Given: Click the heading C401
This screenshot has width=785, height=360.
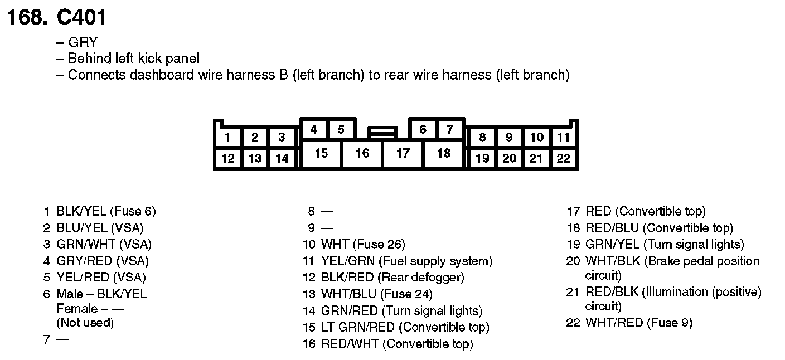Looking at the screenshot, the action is click(81, 18).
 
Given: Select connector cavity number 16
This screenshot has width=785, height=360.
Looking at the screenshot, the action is click(362, 153).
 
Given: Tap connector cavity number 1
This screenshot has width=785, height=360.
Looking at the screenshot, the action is click(227, 138).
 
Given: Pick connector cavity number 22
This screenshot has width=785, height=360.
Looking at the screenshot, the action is click(564, 159).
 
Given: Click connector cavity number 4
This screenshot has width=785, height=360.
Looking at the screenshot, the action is click(314, 130).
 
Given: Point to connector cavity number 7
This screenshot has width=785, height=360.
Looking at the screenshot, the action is click(449, 130).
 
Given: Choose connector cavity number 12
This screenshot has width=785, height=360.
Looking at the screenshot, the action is click(227, 159).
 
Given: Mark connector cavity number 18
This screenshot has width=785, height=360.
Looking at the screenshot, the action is click(443, 153).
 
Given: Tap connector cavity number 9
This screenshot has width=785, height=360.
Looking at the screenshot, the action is click(509, 138).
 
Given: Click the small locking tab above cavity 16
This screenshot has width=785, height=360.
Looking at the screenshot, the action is click(382, 133).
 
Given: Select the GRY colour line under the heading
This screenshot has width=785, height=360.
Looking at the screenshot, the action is click(83, 42).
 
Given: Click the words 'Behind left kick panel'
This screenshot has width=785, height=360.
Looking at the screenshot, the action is click(134, 59).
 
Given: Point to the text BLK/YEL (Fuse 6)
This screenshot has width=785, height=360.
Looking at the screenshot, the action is click(106, 212).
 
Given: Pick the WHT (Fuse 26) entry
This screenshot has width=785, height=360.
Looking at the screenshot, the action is click(363, 244).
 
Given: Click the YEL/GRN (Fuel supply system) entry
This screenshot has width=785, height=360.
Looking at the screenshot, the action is click(407, 261).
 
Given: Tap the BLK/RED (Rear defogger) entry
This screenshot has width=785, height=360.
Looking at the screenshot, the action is click(392, 277).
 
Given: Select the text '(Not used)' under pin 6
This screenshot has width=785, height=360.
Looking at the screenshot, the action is click(85, 323).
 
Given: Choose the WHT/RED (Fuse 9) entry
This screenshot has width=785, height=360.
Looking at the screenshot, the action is click(639, 323).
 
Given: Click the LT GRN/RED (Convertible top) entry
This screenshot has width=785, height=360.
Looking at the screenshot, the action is click(405, 327).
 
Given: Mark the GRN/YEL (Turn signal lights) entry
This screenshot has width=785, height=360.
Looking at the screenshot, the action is click(665, 244).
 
